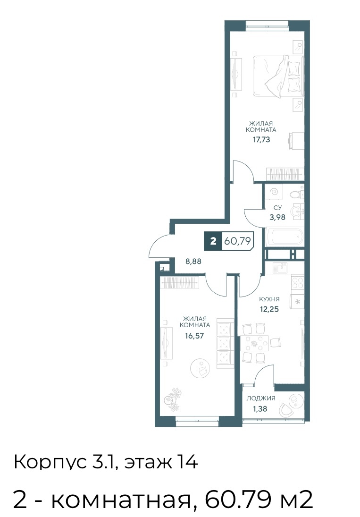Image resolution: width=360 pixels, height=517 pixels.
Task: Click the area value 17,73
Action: [x=261, y=139]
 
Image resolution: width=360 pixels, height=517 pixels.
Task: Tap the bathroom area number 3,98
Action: [x=277, y=217]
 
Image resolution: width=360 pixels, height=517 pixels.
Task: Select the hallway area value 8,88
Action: [x=193, y=262]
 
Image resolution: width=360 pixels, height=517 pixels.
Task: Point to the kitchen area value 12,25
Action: [x=269, y=309]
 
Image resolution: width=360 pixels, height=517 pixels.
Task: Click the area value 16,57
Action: [x=195, y=336]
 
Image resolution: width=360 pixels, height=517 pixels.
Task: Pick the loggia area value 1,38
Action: [x=260, y=409]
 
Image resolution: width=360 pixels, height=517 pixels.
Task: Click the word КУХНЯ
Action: [x=269, y=299]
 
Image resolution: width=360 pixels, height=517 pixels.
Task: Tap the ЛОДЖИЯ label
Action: [x=261, y=398]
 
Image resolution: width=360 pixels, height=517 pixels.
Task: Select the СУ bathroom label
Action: [x=277, y=208]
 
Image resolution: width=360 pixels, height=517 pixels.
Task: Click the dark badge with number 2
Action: [x=213, y=241]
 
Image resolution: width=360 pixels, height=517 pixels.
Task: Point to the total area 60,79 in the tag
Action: [x=237, y=241]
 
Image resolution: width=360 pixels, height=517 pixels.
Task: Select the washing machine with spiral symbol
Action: [x=274, y=192]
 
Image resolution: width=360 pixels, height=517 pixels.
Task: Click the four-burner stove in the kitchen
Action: [x=297, y=282]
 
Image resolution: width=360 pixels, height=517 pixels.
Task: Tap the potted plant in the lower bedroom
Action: [x=173, y=398]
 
